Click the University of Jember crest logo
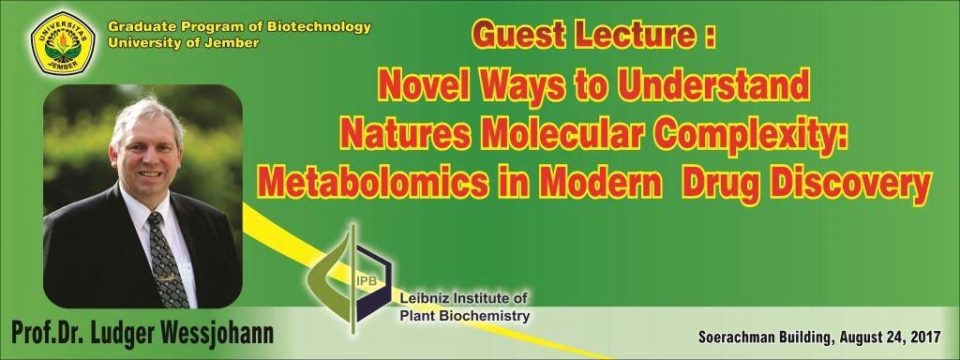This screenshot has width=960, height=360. coord(63,43)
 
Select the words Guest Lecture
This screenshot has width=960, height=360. coord(584,35)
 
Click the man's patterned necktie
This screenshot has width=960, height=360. coord(166,260)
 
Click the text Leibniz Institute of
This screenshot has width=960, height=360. coord(463,299)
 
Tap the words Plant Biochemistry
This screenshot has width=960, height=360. coord(465,316)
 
